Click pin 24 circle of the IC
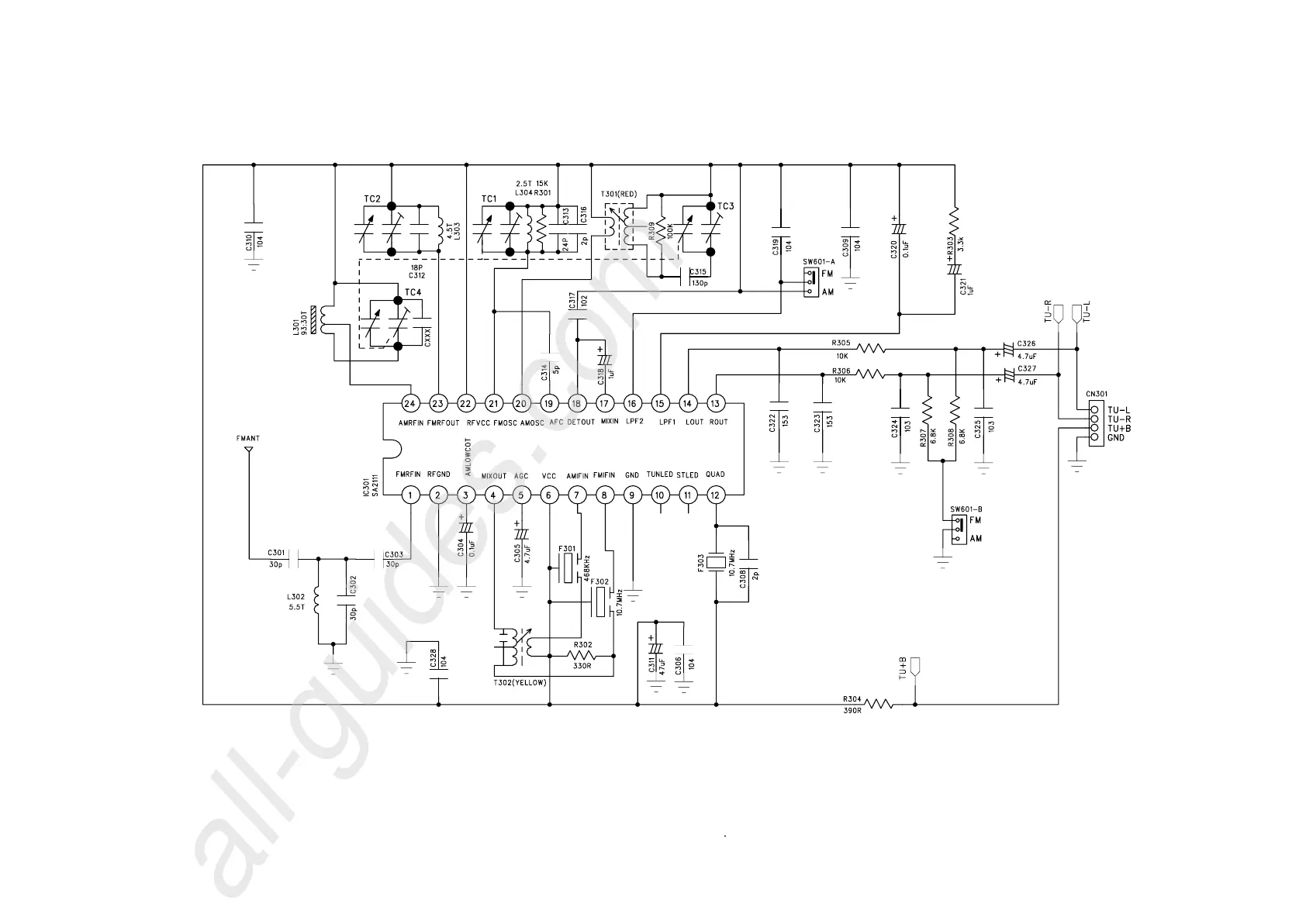pos(410,403)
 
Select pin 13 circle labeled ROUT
pos(715,403)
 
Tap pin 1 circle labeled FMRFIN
pos(410,495)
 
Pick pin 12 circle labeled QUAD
pos(715,495)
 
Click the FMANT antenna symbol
pos(248,451)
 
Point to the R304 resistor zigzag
pos(879,704)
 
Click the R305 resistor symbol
pos(870,349)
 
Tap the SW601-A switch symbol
pos(810,282)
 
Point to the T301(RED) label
pos(618,195)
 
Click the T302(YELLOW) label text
pos(520,682)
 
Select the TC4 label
pos(413,292)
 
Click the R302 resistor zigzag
pos(582,657)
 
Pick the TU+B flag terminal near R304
pos(915,667)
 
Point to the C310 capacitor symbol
pos(253,229)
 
